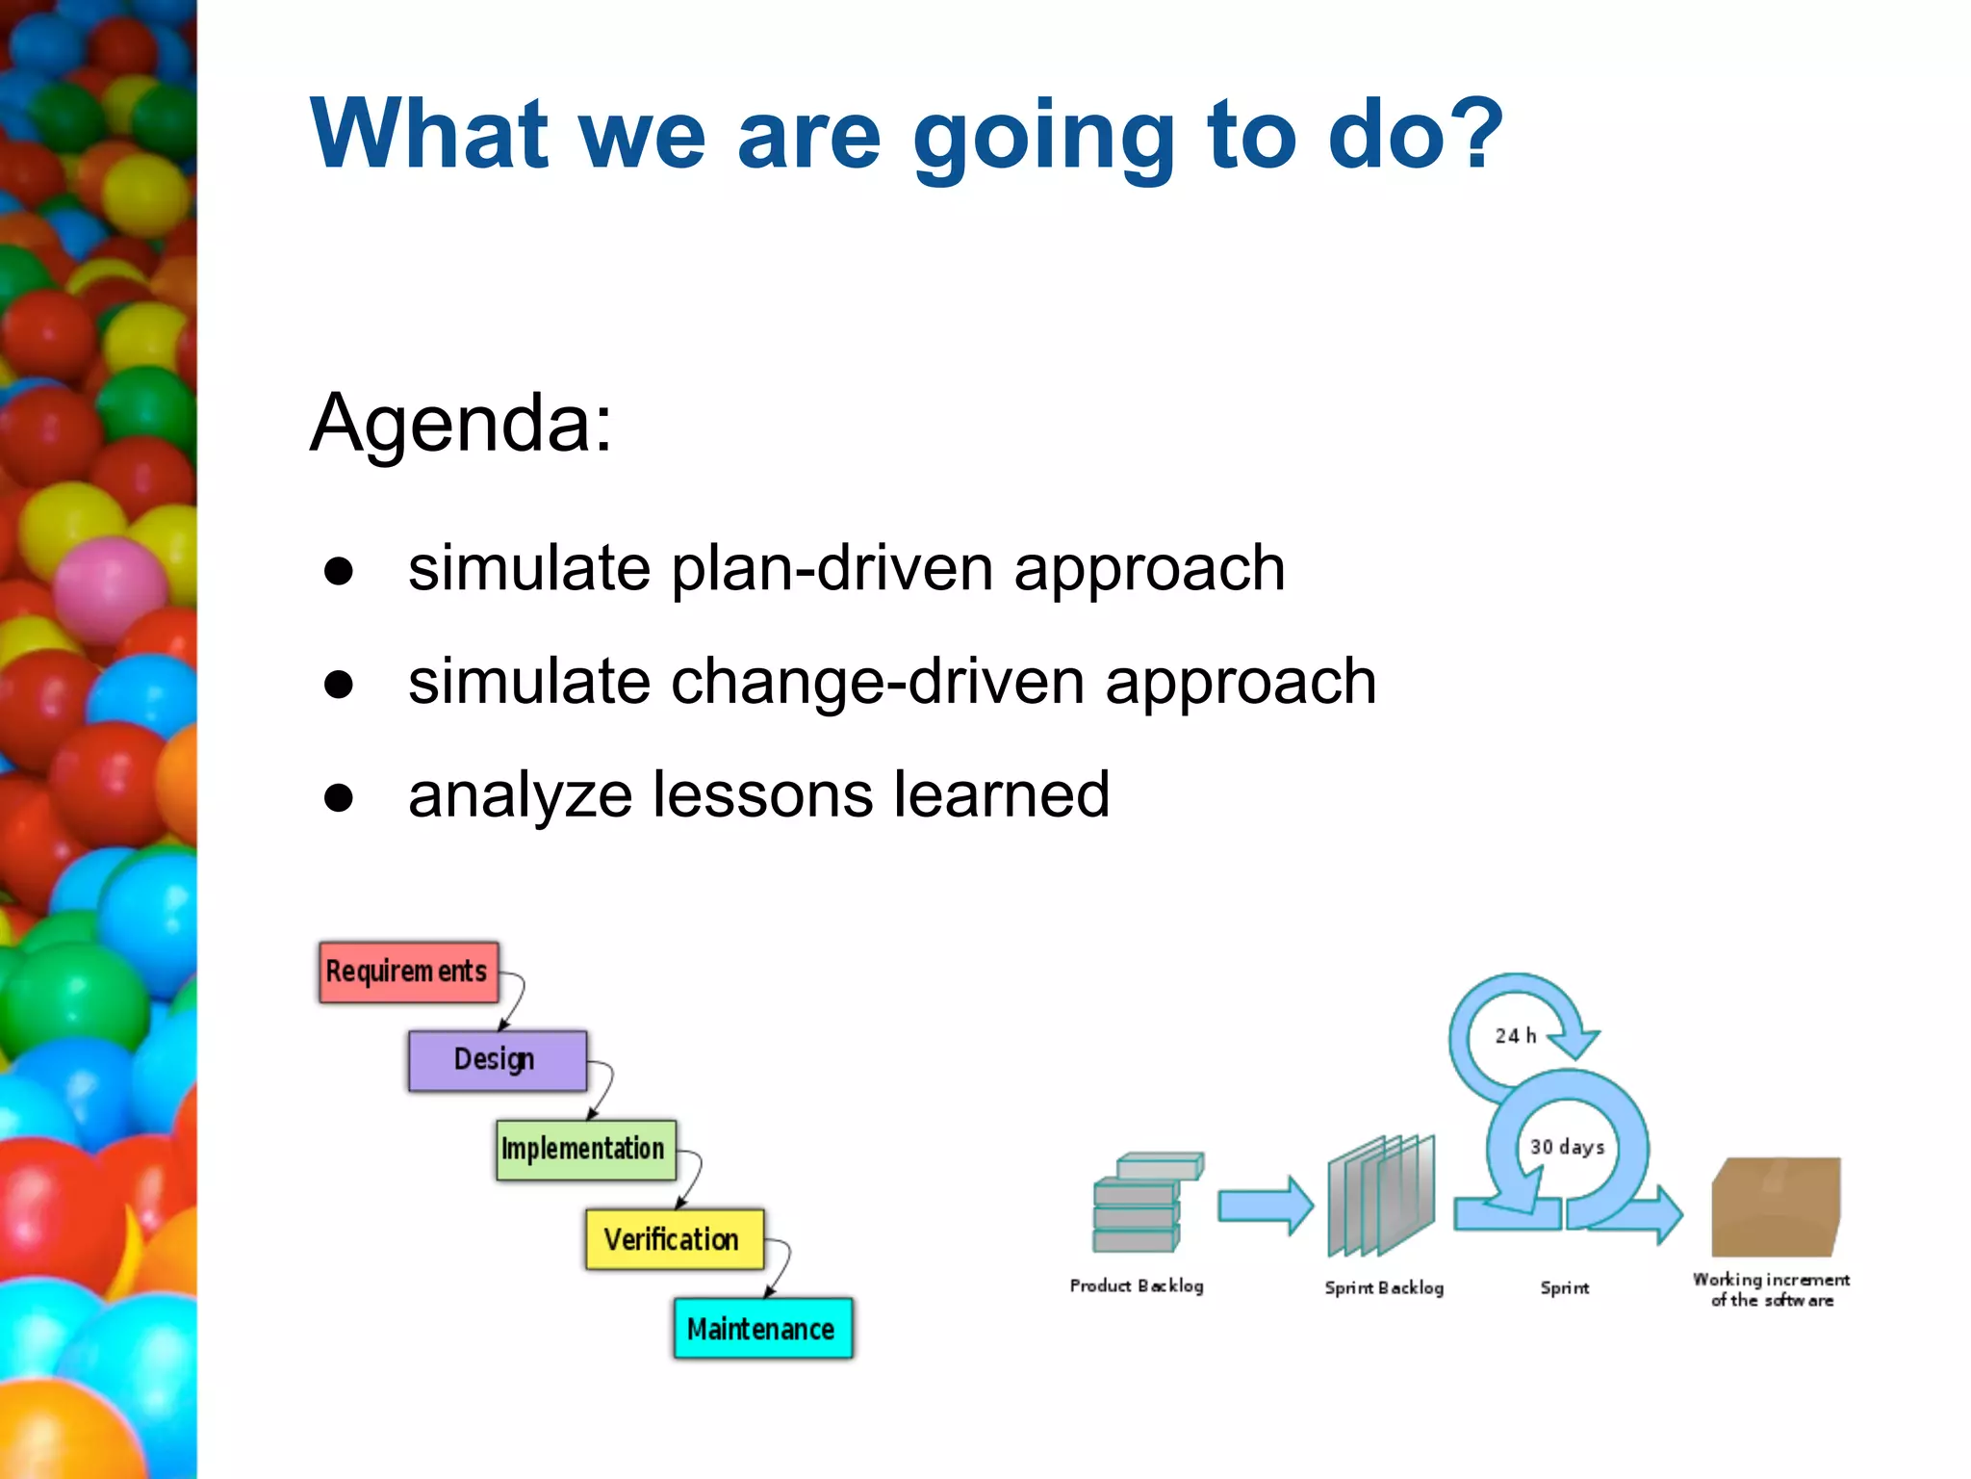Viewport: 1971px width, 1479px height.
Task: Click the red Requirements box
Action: click(x=408, y=973)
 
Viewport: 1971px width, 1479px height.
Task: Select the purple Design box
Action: click(x=497, y=1060)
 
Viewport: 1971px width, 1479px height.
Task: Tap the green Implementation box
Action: click(x=585, y=1150)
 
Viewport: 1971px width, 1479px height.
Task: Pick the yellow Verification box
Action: click(x=674, y=1239)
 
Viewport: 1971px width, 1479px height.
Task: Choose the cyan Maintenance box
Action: click(x=762, y=1329)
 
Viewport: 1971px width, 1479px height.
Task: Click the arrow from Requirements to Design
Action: click(x=516, y=1001)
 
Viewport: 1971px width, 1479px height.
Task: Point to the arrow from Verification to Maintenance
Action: click(x=782, y=1268)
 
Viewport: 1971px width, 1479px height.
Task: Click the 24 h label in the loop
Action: click(x=1515, y=1036)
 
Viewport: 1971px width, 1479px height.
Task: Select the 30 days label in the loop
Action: click(x=1567, y=1147)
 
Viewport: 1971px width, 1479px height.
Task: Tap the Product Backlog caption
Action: click(x=1136, y=1286)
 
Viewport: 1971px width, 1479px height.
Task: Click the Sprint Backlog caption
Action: click(x=1383, y=1288)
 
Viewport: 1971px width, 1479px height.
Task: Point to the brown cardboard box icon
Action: click(x=1776, y=1206)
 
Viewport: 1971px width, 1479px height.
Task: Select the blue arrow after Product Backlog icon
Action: click(x=1265, y=1206)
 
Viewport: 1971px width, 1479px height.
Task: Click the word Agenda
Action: click(x=460, y=424)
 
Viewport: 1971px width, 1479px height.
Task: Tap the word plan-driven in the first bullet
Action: click(x=832, y=568)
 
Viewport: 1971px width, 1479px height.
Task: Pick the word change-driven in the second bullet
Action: click(x=877, y=682)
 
